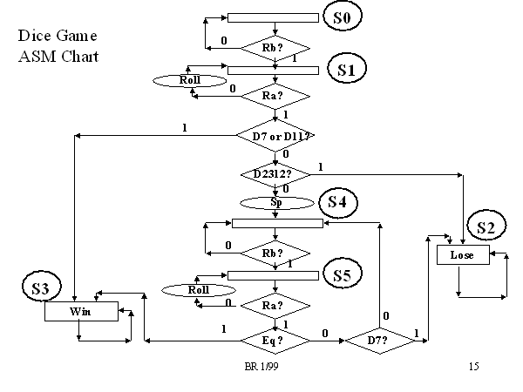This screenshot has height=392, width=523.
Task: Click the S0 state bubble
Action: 342,17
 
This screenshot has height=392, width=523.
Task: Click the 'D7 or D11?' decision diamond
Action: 275,136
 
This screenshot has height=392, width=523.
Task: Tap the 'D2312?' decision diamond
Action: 275,174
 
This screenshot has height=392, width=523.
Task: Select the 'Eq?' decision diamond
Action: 275,339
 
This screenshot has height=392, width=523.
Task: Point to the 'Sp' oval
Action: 275,202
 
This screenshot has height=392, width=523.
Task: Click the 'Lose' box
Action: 462,255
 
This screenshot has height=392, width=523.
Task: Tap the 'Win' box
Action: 81,311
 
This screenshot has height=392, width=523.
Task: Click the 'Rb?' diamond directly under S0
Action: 275,45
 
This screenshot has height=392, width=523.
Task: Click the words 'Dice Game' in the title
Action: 58,37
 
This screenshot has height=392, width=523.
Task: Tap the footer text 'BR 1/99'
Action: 261,368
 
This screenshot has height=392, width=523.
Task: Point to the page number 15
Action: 473,368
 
